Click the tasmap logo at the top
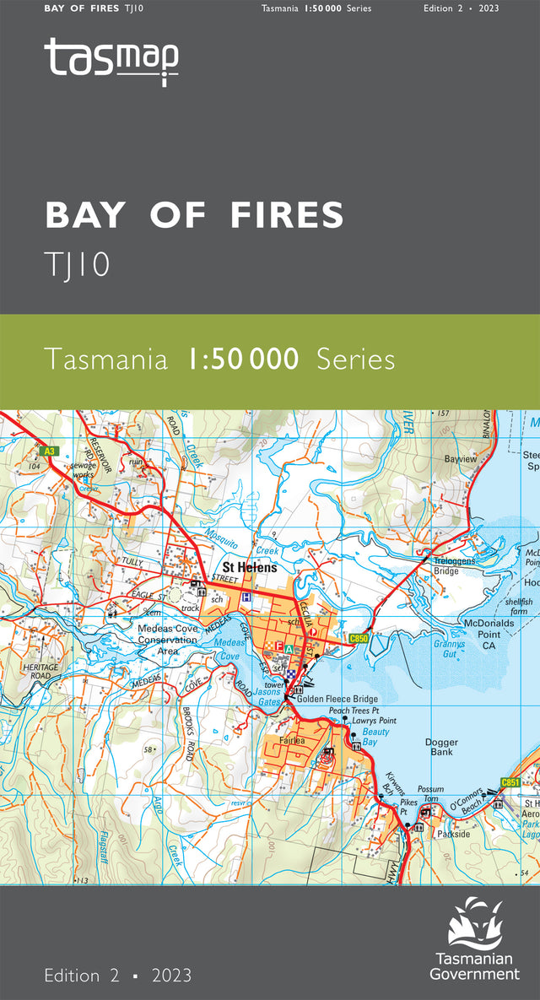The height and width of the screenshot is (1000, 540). [x=111, y=61]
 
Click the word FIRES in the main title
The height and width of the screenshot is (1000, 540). [x=287, y=215]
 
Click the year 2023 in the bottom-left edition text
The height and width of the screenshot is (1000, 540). [x=172, y=976]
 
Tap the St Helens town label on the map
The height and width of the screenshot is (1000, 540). [x=249, y=568]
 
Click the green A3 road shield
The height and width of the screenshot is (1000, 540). [x=51, y=451]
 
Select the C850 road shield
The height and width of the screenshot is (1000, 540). [x=359, y=639]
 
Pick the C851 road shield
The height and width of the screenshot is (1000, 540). [x=511, y=783]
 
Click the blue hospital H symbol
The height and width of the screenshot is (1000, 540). [x=246, y=597]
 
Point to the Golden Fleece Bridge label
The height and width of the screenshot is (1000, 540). [x=337, y=700]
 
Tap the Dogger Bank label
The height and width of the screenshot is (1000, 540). [x=441, y=746]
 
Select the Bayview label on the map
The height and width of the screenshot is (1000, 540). [x=461, y=459]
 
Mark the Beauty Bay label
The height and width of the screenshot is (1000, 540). [x=375, y=737]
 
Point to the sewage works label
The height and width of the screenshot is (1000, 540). [x=84, y=470]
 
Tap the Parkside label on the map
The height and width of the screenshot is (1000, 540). [x=453, y=833]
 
